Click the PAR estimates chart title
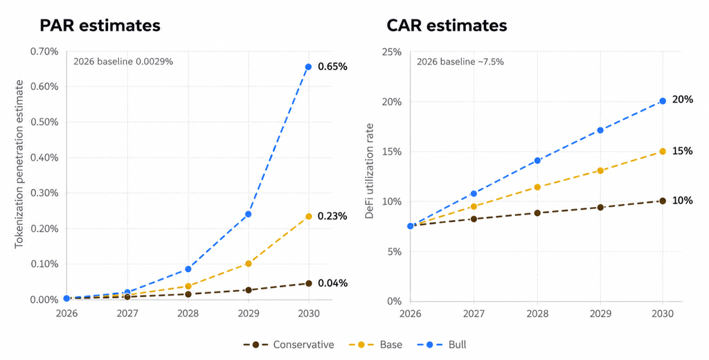point(100,26)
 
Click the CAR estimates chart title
point(447,26)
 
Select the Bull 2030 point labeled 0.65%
point(308,67)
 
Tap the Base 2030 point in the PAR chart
point(308,217)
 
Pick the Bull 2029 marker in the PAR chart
point(249,214)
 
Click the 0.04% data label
point(333,284)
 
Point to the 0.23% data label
point(333,217)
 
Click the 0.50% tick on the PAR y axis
point(44,122)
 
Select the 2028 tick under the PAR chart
point(188,314)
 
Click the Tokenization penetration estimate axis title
point(19,163)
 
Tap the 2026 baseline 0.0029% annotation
point(123,62)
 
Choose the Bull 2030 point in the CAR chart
point(663,101)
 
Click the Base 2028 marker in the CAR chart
point(537,187)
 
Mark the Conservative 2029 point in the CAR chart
point(600,207)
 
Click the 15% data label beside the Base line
point(682,151)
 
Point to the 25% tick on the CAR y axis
point(392,51)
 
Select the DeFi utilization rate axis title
point(370,171)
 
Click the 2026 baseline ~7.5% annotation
point(460,62)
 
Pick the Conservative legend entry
point(289,345)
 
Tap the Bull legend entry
point(446,345)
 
